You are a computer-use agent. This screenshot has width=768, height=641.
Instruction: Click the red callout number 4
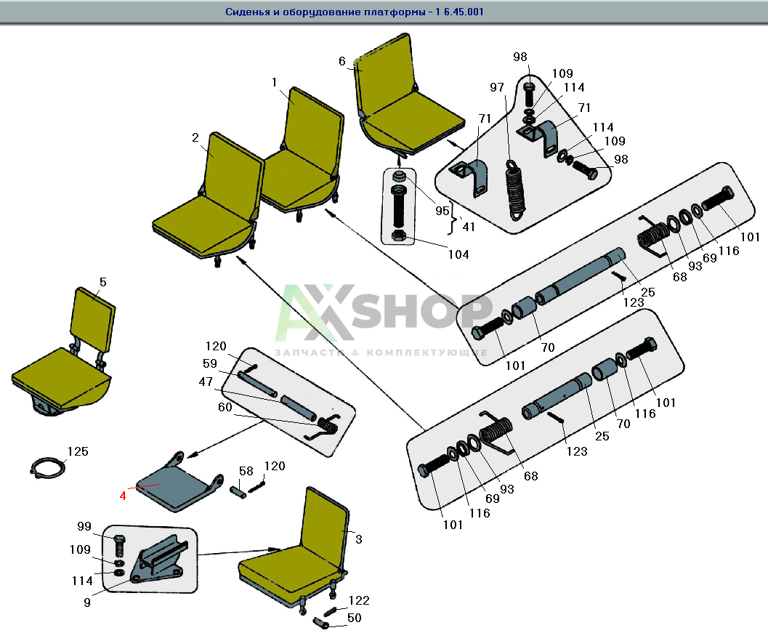point(124,496)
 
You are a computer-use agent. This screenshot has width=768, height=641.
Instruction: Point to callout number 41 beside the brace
point(468,226)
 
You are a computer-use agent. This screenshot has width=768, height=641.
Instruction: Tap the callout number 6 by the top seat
point(342,61)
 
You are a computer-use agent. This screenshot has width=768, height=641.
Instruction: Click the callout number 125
point(78,451)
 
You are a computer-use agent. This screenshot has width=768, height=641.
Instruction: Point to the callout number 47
point(206,382)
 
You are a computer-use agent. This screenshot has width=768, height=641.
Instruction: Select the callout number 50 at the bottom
point(355,618)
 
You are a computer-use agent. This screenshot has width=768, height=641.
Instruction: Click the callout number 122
point(359,600)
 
